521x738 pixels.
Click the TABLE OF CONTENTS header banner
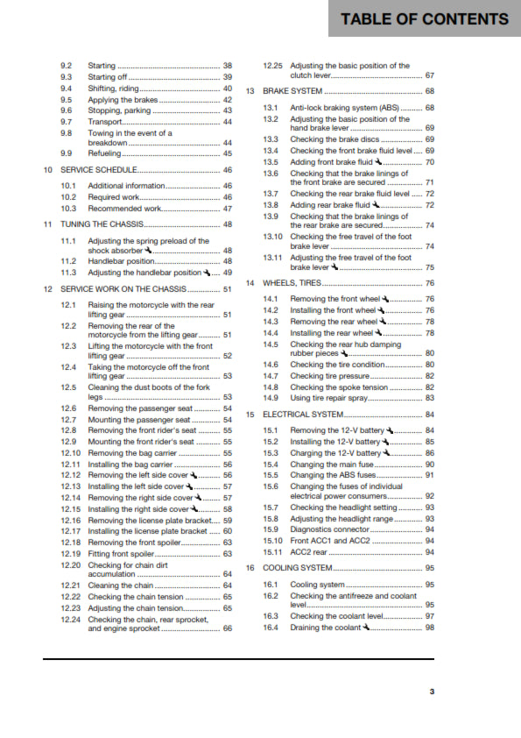(x=425, y=19)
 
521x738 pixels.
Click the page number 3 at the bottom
(x=431, y=692)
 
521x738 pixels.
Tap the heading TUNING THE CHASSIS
(x=102, y=224)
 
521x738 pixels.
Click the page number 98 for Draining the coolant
(x=430, y=628)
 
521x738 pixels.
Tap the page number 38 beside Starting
(x=228, y=66)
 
